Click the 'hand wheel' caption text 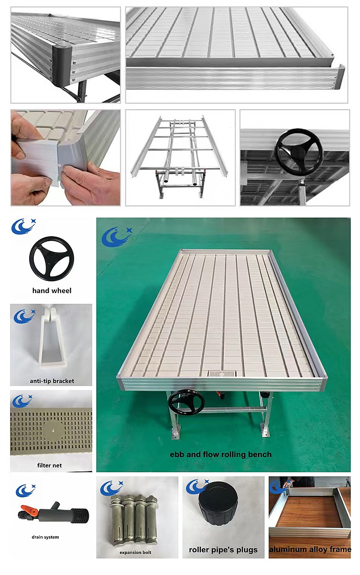click(x=52, y=290)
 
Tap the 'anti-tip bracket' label click(x=52, y=381)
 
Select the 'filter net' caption click(x=50, y=465)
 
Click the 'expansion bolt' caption click(x=135, y=552)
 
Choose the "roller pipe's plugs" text click(x=223, y=549)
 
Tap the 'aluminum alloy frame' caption click(x=310, y=549)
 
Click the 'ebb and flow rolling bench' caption click(x=221, y=454)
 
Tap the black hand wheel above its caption click(x=51, y=259)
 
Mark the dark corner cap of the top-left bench click(x=62, y=67)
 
